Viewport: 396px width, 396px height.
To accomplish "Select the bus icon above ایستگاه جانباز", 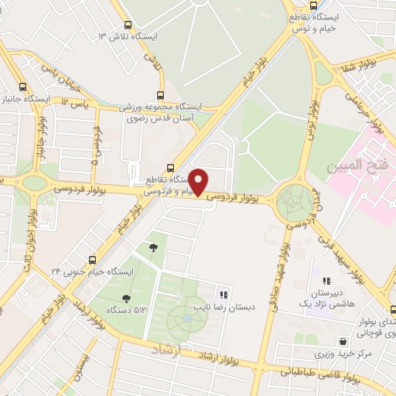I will pos(23,87).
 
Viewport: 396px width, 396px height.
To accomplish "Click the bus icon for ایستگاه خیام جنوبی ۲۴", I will pos(93,259).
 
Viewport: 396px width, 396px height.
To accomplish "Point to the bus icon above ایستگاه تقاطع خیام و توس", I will pos(296,4).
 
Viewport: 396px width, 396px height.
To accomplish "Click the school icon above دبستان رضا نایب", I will pos(224,294).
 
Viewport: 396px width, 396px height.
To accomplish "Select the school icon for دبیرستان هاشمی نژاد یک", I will pos(326,282).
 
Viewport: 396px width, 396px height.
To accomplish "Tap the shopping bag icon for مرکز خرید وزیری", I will pos(342,341).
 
